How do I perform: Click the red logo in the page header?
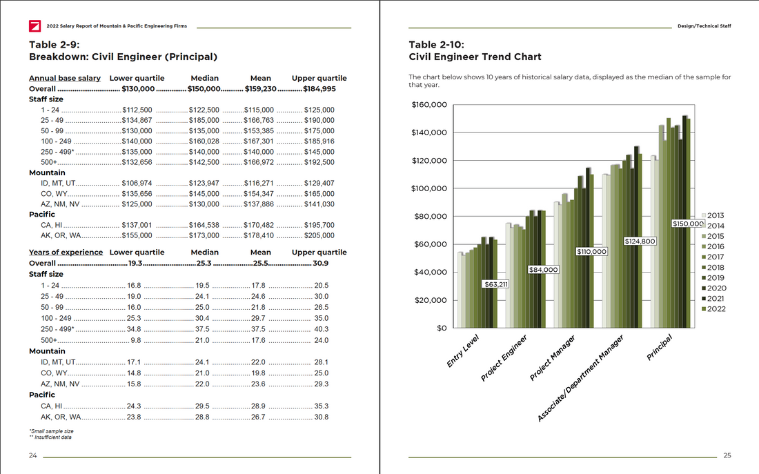[x=34, y=26]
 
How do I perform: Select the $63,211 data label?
[x=495, y=284]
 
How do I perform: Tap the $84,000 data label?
[x=543, y=270]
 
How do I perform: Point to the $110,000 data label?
[x=591, y=252]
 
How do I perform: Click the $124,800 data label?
[x=640, y=241]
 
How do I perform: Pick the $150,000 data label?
[x=688, y=224]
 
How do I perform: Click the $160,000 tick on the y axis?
[x=428, y=105]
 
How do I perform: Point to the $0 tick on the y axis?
[x=442, y=328]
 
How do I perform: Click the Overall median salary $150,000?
[x=204, y=89]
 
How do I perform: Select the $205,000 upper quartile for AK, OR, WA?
[x=319, y=235]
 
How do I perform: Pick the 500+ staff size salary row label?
[x=48, y=162]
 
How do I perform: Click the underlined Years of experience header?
[x=66, y=253]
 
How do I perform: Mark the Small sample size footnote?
[x=51, y=431]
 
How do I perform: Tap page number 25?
[x=727, y=455]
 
